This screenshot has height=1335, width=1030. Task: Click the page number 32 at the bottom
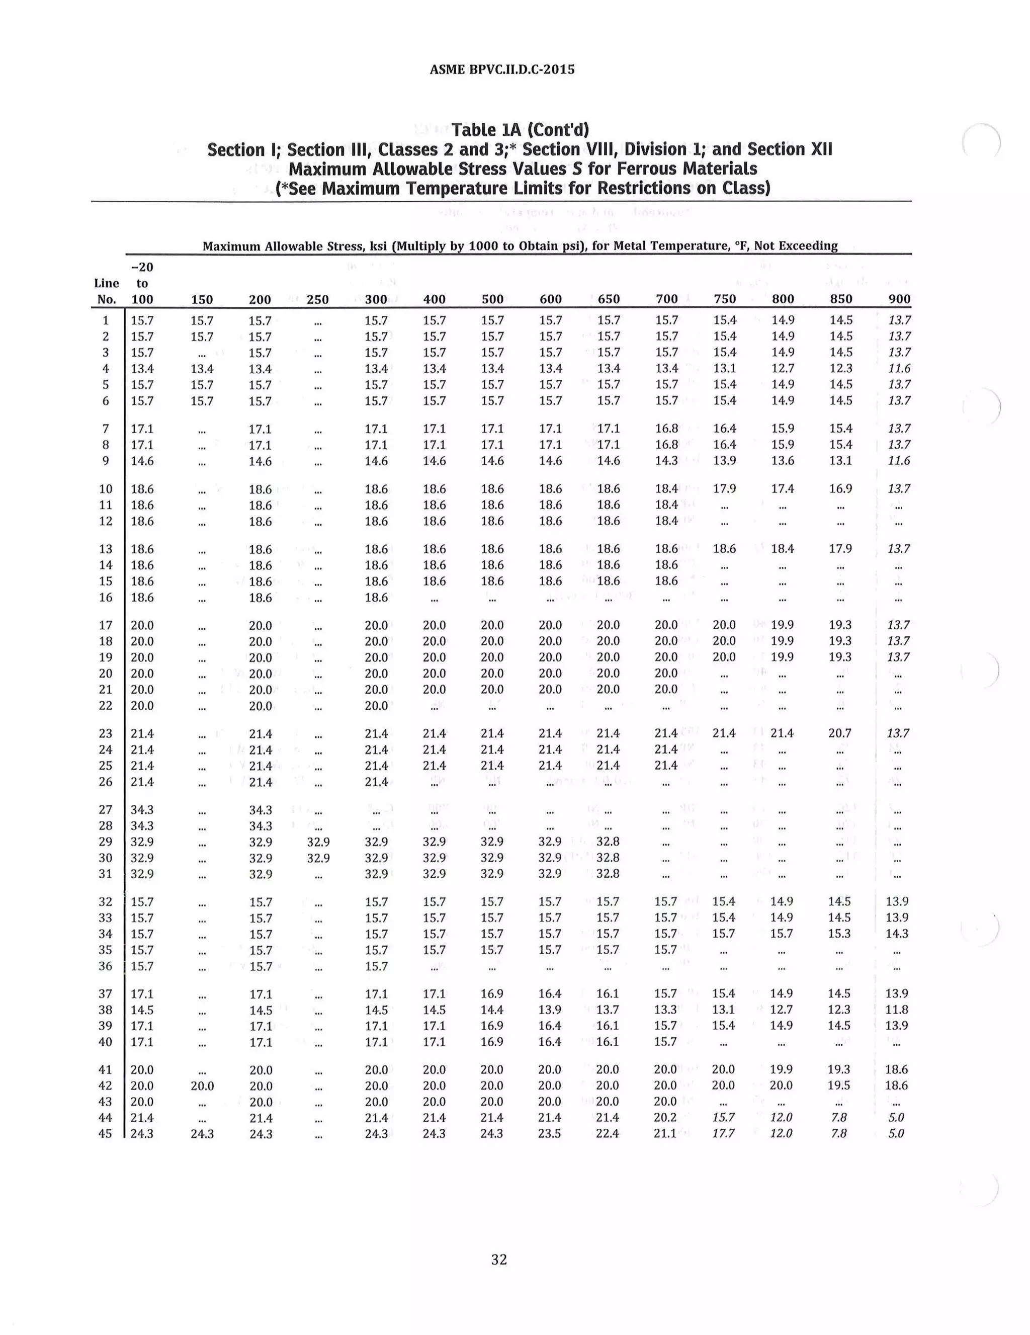click(x=499, y=1259)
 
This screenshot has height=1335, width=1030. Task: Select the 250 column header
click(x=317, y=299)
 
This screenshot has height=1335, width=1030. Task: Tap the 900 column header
click(x=899, y=299)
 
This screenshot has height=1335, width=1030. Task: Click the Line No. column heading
click(x=106, y=291)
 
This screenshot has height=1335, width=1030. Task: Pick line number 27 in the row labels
click(x=106, y=809)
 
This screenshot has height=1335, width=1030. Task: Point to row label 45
click(x=106, y=1133)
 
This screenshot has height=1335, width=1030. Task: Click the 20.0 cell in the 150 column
click(x=202, y=1086)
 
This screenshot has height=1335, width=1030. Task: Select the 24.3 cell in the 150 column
click(x=202, y=1134)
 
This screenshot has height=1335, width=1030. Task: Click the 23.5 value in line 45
click(x=550, y=1133)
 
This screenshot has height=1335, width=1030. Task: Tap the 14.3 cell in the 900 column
click(x=897, y=934)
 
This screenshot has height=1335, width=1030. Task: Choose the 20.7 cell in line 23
click(x=840, y=733)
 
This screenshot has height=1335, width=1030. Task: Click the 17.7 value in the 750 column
click(x=724, y=1133)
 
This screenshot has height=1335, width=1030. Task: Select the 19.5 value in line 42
click(x=839, y=1085)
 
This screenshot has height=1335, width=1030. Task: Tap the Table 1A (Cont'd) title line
click(x=520, y=130)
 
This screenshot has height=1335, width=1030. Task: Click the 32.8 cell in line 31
click(x=608, y=874)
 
